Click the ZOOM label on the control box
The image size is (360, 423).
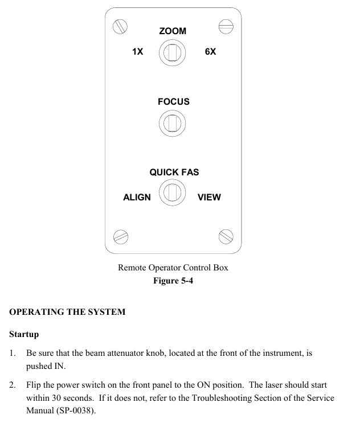pos(173,31)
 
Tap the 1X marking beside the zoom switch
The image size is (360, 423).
pos(137,52)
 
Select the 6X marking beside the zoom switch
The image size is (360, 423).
pos(210,52)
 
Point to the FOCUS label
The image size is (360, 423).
pos(174,102)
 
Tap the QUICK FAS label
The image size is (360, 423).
pos(174,172)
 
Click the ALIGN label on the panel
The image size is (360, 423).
pos(137,198)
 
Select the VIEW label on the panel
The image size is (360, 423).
pos(209,198)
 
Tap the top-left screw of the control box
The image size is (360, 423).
pos(120,26)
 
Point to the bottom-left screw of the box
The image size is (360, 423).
pos(120,235)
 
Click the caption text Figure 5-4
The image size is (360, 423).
pos(173,281)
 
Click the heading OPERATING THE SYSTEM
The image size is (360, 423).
pos(67,312)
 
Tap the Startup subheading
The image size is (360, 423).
pos(24,334)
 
